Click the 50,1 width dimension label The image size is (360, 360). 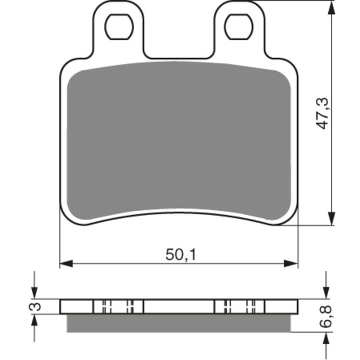pos(181,255)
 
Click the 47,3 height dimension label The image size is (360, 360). pos(323,113)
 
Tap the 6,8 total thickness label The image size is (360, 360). pos(325,316)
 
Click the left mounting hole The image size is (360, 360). pos(119,27)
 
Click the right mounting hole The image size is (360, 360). pos(239,27)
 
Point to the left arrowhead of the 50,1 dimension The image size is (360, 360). pos(66,264)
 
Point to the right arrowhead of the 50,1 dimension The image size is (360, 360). pos(291,264)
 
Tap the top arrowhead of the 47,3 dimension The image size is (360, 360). pos(330,8)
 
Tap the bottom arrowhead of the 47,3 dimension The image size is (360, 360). pos(330,219)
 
